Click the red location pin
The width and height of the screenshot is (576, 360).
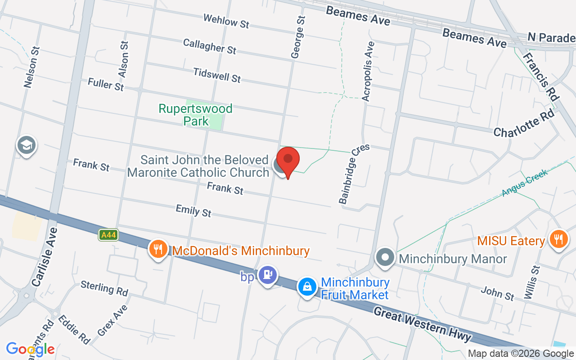pos(288,161)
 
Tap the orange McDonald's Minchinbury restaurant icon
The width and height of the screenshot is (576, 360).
pos(157,249)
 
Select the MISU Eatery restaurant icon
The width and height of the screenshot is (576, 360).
pos(558,238)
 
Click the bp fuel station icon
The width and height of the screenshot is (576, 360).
pos(268,274)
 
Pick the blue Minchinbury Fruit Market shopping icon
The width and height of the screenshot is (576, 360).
pos(307,287)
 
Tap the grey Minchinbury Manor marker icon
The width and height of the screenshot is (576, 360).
pos(385,258)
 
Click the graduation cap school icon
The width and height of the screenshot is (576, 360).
pos(27,145)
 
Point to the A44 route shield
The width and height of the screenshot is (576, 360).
pos(108,234)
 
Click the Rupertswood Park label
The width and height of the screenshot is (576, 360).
pos(195,115)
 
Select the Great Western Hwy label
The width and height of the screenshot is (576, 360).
pos(423,324)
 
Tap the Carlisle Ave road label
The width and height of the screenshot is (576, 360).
pos(45,256)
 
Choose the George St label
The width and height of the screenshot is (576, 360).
pos(298,37)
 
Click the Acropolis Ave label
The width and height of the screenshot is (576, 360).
pos(368,71)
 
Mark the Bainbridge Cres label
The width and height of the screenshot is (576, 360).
pos(354,174)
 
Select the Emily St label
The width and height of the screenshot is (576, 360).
pos(193,210)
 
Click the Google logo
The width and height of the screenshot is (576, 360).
pos(30,349)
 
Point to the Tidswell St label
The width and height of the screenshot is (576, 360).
pos(217,75)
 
